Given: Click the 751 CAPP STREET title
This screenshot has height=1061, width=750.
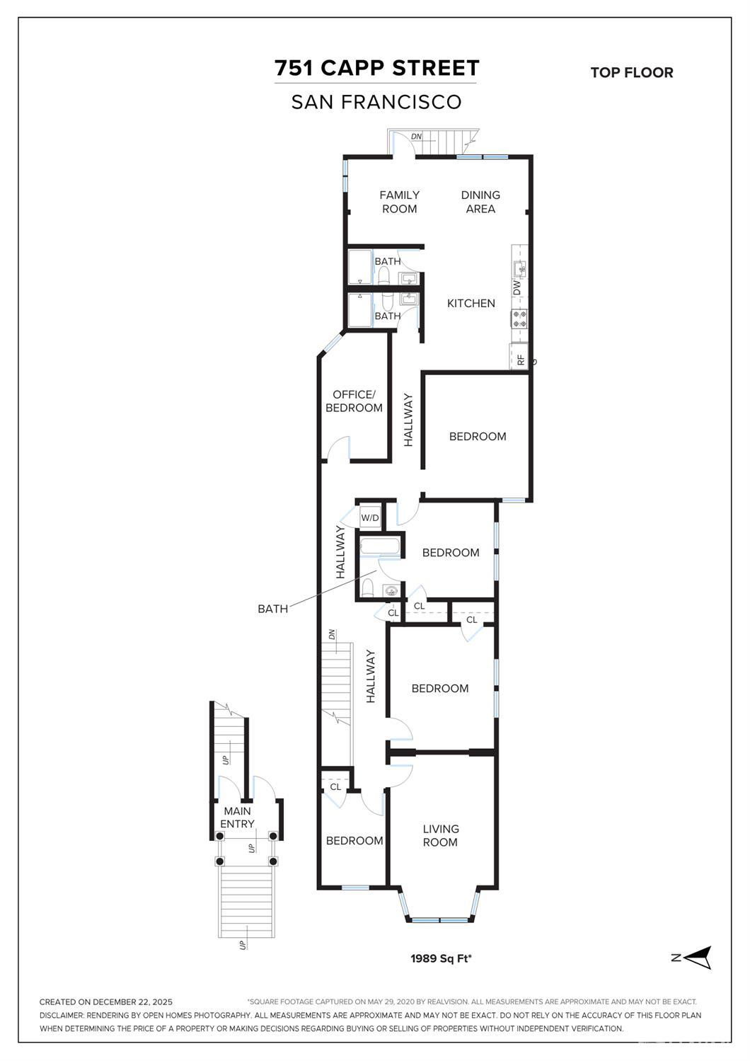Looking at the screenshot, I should point(376,68).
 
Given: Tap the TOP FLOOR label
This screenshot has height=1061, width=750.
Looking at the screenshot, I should point(631,72).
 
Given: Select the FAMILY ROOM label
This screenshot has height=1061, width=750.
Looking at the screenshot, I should point(399,202).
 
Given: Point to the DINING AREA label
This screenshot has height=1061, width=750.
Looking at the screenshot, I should point(480,202).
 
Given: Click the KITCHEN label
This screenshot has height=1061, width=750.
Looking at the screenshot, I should point(471,303).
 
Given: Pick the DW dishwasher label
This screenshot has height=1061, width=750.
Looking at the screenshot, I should point(517,288).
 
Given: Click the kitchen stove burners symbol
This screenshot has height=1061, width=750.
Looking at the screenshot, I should point(520,319).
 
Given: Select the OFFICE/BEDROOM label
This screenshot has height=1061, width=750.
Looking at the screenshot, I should point(354,401).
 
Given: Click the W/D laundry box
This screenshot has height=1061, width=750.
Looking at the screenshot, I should point(370,518).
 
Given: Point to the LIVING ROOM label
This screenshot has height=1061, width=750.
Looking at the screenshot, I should point(440,835).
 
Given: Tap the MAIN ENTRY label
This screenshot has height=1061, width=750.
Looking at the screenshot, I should point(236,818).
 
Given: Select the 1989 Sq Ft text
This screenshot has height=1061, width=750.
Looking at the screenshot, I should point(441,958).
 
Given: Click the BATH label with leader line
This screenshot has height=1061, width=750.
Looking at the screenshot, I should point(272,608).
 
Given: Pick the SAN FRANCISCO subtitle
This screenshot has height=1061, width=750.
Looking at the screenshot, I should point(376,102).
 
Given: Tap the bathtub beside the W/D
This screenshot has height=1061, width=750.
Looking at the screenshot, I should point(381,546).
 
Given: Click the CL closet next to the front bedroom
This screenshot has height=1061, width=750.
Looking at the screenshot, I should point(335,786).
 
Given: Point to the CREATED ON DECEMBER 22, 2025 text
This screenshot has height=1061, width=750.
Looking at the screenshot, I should point(106,1002).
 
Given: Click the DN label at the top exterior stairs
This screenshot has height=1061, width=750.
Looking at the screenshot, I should point(416,136).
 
